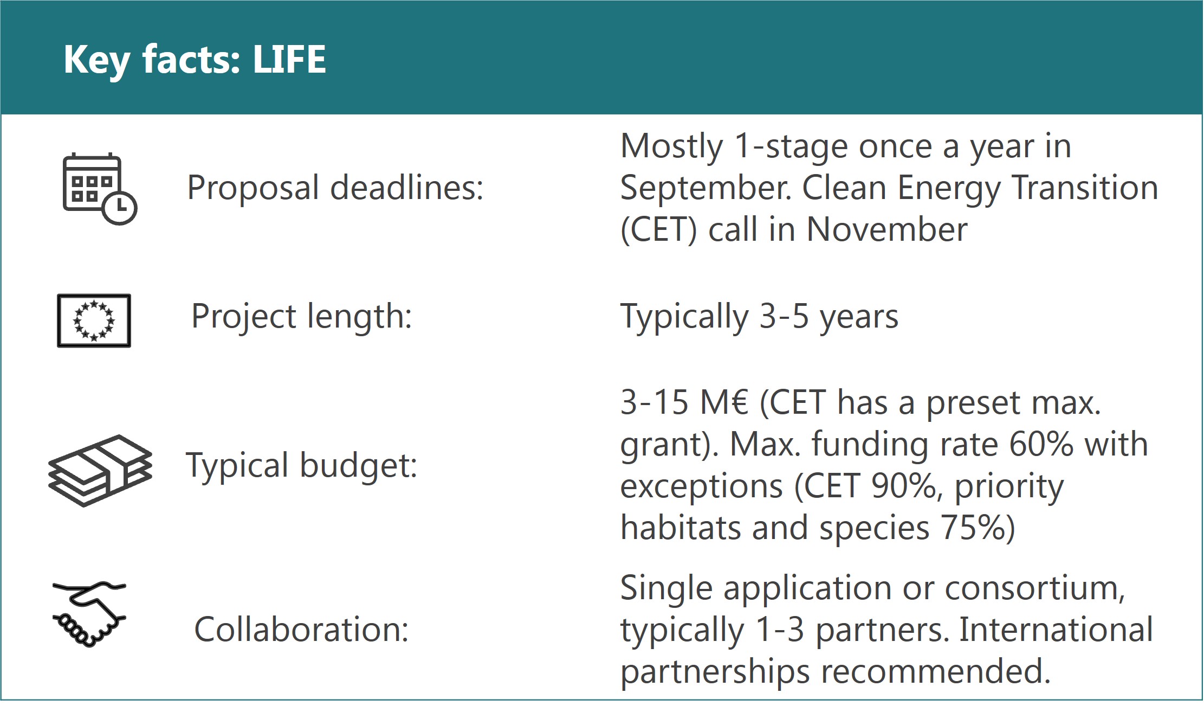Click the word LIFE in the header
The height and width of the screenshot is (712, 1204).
[289, 59]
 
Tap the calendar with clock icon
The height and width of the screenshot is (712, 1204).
[100, 189]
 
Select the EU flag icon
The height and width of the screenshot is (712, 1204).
[94, 320]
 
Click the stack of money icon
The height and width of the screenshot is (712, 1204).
[100, 470]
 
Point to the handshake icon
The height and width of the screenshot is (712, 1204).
[89, 614]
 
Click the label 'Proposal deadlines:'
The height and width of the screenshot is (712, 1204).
[335, 188]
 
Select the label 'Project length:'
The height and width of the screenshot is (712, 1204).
[302, 316]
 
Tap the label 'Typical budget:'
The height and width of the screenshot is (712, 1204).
[302, 466]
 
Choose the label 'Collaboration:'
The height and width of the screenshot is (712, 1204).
[301, 630]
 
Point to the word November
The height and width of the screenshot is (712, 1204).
[886, 229]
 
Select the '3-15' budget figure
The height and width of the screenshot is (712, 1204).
[655, 403]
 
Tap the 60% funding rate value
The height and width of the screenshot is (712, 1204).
[1041, 445]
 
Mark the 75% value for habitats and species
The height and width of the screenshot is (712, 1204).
[972, 528]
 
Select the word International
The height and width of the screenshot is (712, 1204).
[1056, 630]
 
